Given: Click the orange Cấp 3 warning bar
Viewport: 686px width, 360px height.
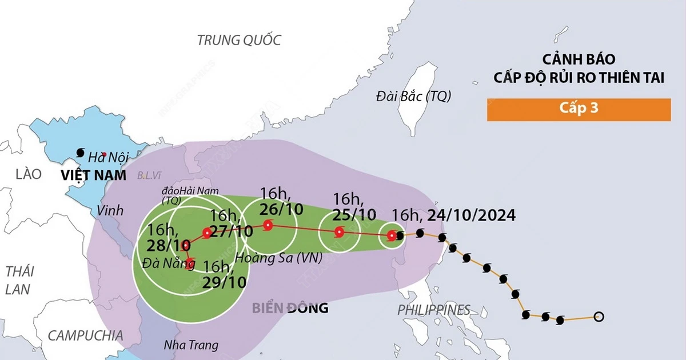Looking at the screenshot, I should (579, 110).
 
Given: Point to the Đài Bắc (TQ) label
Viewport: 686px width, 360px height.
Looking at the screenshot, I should (413, 96).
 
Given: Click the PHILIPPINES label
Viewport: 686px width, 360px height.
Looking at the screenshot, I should (434, 310).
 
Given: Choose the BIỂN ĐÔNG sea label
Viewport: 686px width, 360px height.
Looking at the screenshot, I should (290, 309).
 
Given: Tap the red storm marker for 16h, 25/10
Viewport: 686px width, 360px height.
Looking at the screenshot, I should (339, 232).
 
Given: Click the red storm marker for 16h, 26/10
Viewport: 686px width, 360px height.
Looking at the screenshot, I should (267, 225).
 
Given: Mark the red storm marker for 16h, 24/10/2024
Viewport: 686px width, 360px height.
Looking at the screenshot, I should (392, 235).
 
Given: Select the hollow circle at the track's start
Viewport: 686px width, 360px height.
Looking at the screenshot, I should (599, 316).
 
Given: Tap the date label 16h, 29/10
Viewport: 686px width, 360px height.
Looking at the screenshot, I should (224, 274).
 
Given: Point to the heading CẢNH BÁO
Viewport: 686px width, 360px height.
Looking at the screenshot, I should (578, 59).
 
